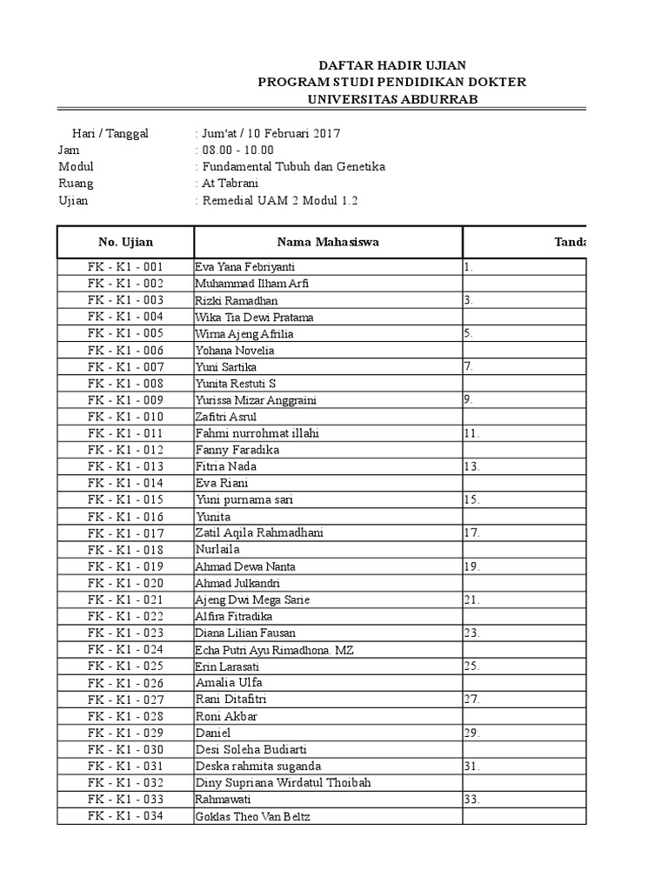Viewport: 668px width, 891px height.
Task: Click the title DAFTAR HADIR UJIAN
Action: click(x=391, y=65)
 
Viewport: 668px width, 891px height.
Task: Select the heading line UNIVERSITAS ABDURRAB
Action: click(x=391, y=99)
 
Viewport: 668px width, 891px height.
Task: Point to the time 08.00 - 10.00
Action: click(x=237, y=150)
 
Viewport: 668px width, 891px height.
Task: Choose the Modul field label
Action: click(x=76, y=166)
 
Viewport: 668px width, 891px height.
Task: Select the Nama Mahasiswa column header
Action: click(x=328, y=242)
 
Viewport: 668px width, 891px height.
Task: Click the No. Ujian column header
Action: click(x=125, y=242)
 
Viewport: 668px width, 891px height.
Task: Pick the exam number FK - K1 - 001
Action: click(x=125, y=267)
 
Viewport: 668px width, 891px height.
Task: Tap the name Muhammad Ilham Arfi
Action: click(x=252, y=284)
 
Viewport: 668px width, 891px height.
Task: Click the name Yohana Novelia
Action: click(x=235, y=351)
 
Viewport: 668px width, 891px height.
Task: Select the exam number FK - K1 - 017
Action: click(x=125, y=533)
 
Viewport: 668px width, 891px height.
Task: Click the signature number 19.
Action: click(x=472, y=566)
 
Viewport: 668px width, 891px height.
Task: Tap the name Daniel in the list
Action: click(x=214, y=733)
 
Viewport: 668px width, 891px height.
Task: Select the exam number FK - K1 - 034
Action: click(x=125, y=816)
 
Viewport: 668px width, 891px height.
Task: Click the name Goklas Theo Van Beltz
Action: click(x=253, y=816)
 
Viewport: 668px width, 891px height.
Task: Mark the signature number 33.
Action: click(x=472, y=799)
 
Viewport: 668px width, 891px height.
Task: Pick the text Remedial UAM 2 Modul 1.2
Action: click(x=279, y=200)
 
